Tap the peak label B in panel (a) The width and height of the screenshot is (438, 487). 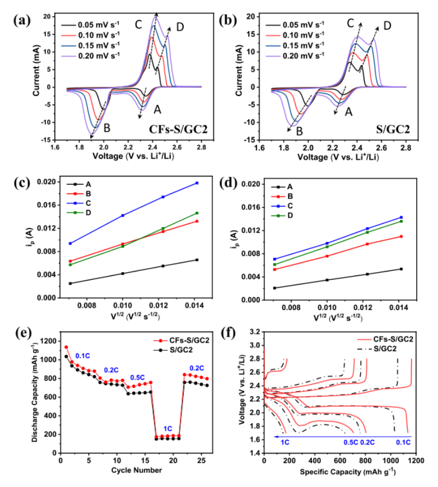(x=106, y=128)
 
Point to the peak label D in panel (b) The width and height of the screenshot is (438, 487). (x=387, y=26)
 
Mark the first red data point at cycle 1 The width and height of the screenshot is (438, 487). (x=66, y=347)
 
